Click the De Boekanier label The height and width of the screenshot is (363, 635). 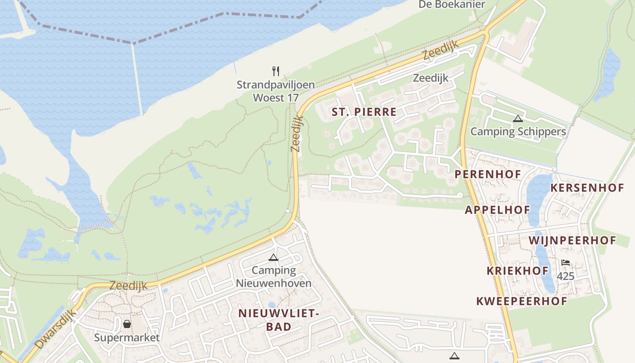point(451,5)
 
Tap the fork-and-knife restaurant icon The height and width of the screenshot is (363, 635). point(276,71)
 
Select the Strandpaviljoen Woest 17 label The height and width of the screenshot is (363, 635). point(276,91)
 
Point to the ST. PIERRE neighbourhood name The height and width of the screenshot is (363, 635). point(364,112)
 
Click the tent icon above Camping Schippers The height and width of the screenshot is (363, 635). point(518,119)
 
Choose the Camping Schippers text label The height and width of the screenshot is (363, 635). point(518,132)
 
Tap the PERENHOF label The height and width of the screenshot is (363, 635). point(488,174)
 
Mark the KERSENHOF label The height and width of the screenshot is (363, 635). point(587,188)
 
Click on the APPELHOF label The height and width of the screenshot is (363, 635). point(497,210)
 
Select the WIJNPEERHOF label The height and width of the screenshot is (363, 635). point(572,240)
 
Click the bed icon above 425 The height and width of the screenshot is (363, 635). point(565,263)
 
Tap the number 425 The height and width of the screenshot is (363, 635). point(565,276)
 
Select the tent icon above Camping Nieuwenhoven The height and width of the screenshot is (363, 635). point(273,258)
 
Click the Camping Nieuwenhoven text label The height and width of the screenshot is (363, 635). point(274,277)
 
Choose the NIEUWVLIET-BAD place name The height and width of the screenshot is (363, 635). point(279,319)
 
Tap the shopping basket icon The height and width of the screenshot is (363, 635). point(127,324)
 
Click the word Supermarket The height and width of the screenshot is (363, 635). point(127,338)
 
